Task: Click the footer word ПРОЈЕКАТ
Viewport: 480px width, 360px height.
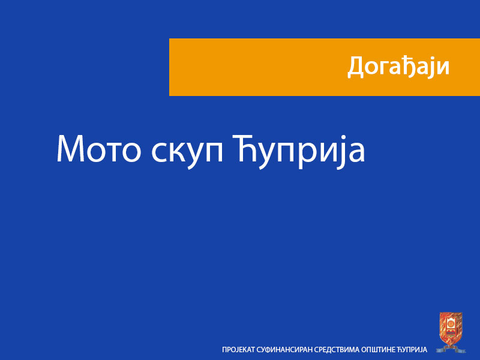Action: (x=238, y=349)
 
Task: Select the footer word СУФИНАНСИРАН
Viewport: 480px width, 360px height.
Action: (x=284, y=349)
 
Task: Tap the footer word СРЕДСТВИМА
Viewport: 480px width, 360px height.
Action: (x=338, y=349)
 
